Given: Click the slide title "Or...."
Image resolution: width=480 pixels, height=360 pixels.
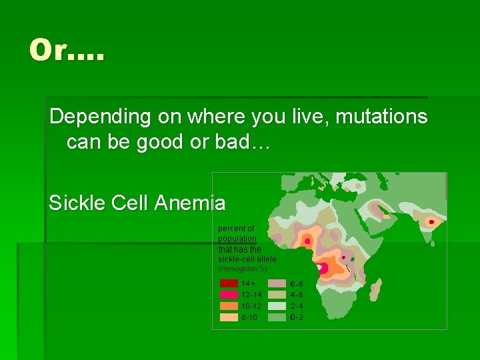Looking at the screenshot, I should point(67,51).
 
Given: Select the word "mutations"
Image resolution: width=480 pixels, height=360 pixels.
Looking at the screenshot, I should point(381,117).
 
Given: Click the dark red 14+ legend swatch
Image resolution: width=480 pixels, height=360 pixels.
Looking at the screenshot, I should point(229,283).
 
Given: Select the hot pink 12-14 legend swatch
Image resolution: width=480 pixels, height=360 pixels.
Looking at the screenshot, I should point(229,295).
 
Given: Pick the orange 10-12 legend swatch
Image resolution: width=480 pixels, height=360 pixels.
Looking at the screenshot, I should point(229,306).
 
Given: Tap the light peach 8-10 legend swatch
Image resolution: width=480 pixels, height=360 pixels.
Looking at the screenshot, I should point(229,317).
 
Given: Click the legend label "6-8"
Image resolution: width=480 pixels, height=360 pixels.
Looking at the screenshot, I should point(297,283).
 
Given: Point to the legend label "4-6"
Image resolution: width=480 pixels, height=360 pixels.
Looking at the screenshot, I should point(297,295).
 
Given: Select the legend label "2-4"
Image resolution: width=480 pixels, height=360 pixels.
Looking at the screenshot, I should point(297,306).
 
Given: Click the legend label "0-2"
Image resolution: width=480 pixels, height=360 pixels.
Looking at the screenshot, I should point(297,317).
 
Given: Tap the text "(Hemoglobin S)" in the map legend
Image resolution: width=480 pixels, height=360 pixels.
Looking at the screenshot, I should point(243,269).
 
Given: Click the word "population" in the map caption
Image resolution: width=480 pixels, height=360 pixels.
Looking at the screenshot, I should point(237,239).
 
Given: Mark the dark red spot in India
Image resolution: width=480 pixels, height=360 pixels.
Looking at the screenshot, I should point(431,221).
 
